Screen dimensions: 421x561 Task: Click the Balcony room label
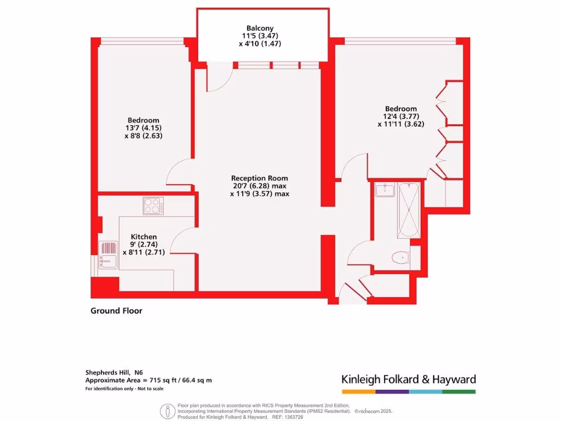[x=260, y=29]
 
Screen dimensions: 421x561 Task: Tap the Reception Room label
[x=259, y=178]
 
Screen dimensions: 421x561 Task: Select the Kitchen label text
[x=144, y=237]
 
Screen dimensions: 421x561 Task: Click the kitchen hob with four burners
[x=153, y=206]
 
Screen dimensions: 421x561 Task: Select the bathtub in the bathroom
[x=409, y=210]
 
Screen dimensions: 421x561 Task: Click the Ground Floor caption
[x=116, y=311]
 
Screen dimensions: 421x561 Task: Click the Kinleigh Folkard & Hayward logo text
[x=409, y=379]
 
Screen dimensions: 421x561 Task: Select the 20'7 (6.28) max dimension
[x=259, y=186]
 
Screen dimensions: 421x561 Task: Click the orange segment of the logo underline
[x=359, y=392]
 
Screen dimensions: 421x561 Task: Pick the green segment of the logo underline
[x=459, y=392]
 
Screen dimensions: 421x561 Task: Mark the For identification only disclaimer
[x=124, y=389]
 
